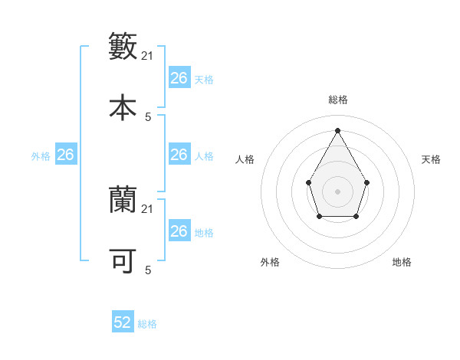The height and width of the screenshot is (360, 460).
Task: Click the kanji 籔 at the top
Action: pyautogui.click(x=123, y=47)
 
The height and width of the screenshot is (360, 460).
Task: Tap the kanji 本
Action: pyautogui.click(x=123, y=107)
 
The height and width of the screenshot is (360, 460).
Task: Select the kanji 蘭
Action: pyautogui.click(x=123, y=201)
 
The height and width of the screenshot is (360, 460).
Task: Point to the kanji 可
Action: pyautogui.click(x=123, y=261)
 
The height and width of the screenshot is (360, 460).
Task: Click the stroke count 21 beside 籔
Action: pyautogui.click(x=148, y=56)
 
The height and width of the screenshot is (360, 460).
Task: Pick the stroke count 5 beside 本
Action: pyautogui.click(x=148, y=116)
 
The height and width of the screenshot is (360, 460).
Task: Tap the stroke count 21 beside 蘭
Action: pyautogui.click(x=148, y=209)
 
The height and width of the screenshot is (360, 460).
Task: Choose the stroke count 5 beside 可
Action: pyautogui.click(x=148, y=270)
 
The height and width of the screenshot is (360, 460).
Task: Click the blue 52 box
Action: pyautogui.click(x=123, y=322)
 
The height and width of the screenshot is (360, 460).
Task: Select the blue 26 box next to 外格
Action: pyautogui.click(x=66, y=155)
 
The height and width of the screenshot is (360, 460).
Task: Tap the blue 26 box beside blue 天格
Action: pyautogui.click(x=179, y=78)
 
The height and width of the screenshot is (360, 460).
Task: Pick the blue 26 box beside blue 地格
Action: pyautogui.click(x=179, y=231)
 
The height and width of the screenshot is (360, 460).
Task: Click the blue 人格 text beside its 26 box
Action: pyautogui.click(x=204, y=155)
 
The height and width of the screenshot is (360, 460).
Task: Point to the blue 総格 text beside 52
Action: pyautogui.click(x=147, y=324)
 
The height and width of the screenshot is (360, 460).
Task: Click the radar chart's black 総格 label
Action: pyautogui.click(x=337, y=100)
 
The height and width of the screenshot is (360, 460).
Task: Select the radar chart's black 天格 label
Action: pyautogui.click(x=431, y=159)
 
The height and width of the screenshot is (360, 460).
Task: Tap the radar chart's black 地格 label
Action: pyautogui.click(x=402, y=262)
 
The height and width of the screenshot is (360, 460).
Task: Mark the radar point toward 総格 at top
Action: pyautogui.click(x=337, y=129)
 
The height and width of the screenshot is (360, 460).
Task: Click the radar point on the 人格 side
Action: pyautogui.click(x=308, y=182)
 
